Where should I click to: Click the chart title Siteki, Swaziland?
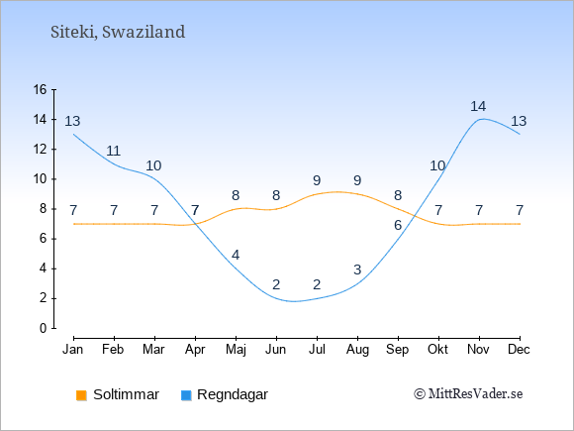[118, 33]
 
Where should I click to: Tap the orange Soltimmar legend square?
[81, 395]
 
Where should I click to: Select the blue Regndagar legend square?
[186, 395]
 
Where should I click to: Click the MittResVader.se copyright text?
[468, 394]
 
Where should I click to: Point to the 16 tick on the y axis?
[40, 89]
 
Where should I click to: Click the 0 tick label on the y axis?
[44, 328]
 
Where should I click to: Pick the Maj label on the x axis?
[236, 350]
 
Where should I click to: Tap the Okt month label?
[437, 350]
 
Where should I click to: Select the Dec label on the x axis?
[519, 350]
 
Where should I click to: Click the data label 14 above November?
[478, 106]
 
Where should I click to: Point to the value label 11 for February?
[114, 151]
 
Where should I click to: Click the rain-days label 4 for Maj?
[236, 255]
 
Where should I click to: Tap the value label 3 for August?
[357, 269]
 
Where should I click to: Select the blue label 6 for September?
[398, 225]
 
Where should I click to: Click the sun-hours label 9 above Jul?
[317, 180]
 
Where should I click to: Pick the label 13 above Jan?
[72, 121]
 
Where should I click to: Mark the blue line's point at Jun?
[276, 298]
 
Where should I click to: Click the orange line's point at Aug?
[357, 194]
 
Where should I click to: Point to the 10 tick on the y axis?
[40, 179]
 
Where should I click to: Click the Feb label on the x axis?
[113, 350]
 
